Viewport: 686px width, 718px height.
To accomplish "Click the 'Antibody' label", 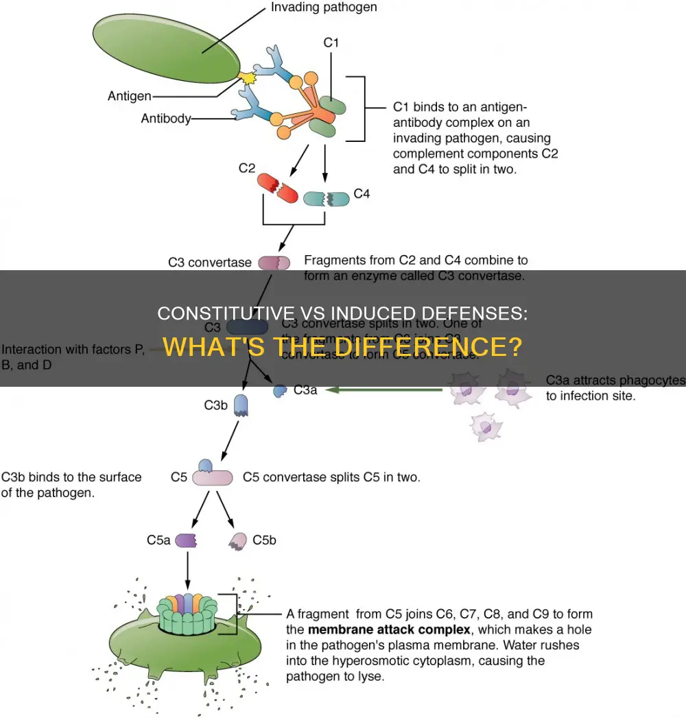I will tap(165, 119).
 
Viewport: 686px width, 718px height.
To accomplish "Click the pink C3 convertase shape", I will tap(274, 262).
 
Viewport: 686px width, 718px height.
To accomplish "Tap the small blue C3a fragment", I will tap(280, 390).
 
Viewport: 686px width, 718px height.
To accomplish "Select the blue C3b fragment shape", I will tap(241, 406).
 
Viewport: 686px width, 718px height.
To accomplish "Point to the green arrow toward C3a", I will tap(383, 391).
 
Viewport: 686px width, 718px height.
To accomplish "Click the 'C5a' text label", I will tap(158, 540).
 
